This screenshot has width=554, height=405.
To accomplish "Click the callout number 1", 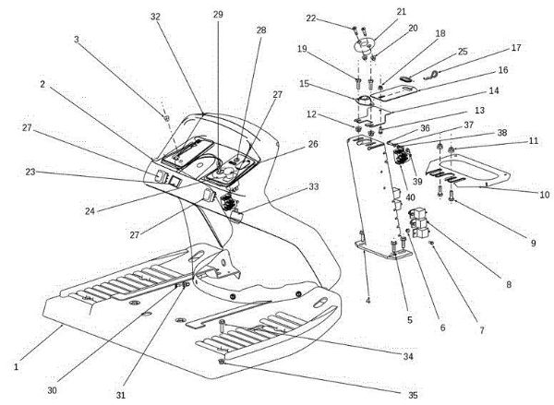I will (17, 367).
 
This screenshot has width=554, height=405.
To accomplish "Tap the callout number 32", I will (154, 17).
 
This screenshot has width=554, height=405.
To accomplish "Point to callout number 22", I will (337, 18).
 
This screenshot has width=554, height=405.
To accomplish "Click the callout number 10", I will (545, 195).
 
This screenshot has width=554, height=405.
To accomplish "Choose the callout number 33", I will (314, 186).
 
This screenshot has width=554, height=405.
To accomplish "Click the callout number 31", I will (121, 395).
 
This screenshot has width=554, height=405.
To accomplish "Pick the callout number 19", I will (328, 48).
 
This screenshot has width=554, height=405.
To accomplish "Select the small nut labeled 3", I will (164, 118).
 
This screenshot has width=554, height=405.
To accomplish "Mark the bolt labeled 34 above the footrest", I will (223, 325).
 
